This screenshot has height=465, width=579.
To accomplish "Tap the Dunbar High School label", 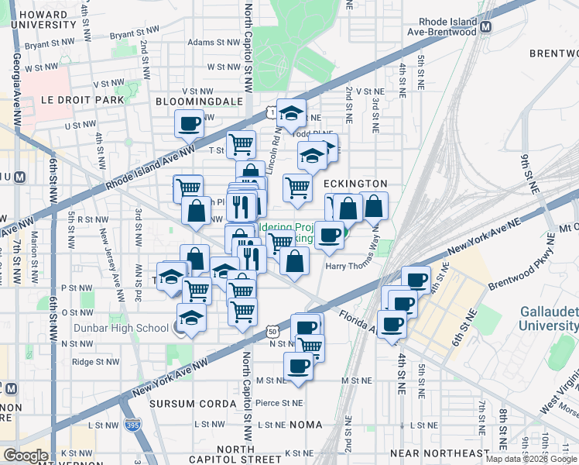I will [121, 328].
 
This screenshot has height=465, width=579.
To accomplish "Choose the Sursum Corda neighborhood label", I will [193, 405].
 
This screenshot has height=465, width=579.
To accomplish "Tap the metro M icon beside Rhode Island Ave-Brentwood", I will [486, 26].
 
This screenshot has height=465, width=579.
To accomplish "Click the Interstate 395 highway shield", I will [132, 425].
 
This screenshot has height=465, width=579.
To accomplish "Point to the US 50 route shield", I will [272, 331].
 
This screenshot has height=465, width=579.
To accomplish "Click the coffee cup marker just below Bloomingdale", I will [189, 122].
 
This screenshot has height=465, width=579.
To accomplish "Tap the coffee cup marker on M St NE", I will [298, 366].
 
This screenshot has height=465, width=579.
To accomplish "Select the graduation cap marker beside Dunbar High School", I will [190, 319].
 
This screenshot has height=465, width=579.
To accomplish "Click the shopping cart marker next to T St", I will [242, 143].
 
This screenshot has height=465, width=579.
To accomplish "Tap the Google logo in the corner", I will [26, 456].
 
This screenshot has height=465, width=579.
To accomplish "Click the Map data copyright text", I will [531, 459].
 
